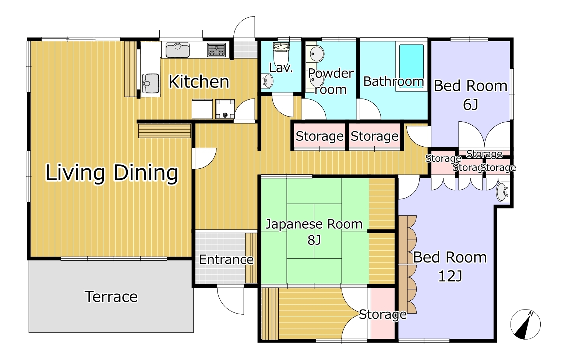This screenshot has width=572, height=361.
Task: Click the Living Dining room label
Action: pos(112,173)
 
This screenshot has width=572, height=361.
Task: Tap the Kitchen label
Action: pos(199,82)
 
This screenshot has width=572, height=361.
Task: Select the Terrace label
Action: pos(111,297)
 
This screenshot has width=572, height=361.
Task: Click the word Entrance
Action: pos(226,260)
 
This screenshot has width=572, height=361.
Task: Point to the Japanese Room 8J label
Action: pos(314,232)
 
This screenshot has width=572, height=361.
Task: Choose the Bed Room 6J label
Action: pos(470,95)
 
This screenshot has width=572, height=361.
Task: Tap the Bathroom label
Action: pos(393,81)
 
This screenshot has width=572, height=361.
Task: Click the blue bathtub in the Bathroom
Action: pos(412,67)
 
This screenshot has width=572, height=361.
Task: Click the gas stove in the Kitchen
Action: pos(216,50)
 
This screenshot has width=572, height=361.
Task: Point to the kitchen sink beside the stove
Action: pos(178,50)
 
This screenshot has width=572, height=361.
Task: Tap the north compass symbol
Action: pos(525,325)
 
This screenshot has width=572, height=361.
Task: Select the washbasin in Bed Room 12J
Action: pos(502,192)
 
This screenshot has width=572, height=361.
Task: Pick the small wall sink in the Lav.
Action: pos(267,81)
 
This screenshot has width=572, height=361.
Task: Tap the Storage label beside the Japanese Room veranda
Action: pos(383,315)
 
